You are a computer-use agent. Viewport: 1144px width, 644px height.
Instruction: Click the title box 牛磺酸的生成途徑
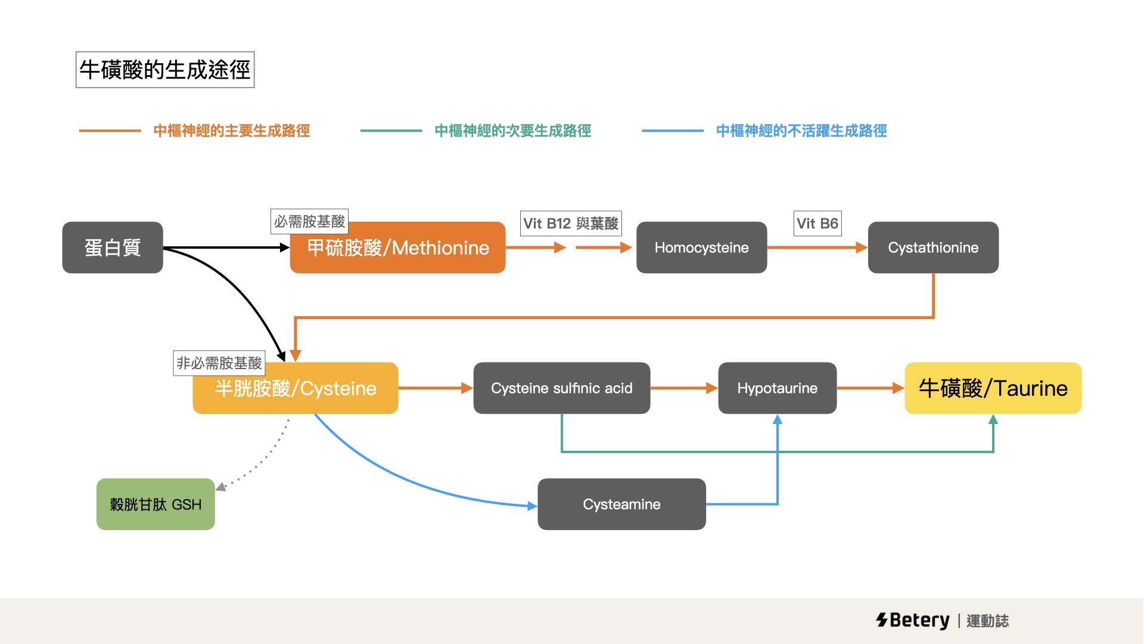(165, 70)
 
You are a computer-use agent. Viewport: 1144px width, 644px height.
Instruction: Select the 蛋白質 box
(113, 247)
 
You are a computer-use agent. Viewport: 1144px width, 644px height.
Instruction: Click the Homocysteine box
(701, 247)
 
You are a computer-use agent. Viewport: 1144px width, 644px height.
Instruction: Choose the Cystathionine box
(933, 247)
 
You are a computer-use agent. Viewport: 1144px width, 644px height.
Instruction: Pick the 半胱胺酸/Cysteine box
(296, 389)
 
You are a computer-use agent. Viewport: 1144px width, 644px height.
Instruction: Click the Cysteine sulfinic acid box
(561, 388)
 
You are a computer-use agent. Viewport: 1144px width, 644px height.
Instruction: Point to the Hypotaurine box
(777, 388)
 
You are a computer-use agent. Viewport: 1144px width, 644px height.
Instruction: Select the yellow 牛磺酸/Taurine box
(993, 388)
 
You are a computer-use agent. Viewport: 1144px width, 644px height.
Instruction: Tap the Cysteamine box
(621, 504)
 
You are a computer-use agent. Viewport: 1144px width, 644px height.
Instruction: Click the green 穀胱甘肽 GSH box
(156, 504)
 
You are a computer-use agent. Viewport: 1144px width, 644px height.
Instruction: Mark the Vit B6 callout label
(817, 224)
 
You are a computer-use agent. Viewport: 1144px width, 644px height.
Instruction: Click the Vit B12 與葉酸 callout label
(571, 224)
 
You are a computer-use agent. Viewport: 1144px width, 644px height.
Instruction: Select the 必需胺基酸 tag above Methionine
(309, 221)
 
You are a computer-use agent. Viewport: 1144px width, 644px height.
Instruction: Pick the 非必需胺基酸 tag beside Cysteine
(219, 363)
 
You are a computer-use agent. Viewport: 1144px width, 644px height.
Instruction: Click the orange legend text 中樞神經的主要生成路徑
(232, 131)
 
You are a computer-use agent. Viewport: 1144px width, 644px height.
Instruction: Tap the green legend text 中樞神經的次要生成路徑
(513, 131)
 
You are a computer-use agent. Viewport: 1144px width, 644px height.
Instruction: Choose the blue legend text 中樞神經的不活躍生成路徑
(801, 131)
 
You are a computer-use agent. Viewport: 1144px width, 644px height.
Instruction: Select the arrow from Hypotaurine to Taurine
(871, 388)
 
